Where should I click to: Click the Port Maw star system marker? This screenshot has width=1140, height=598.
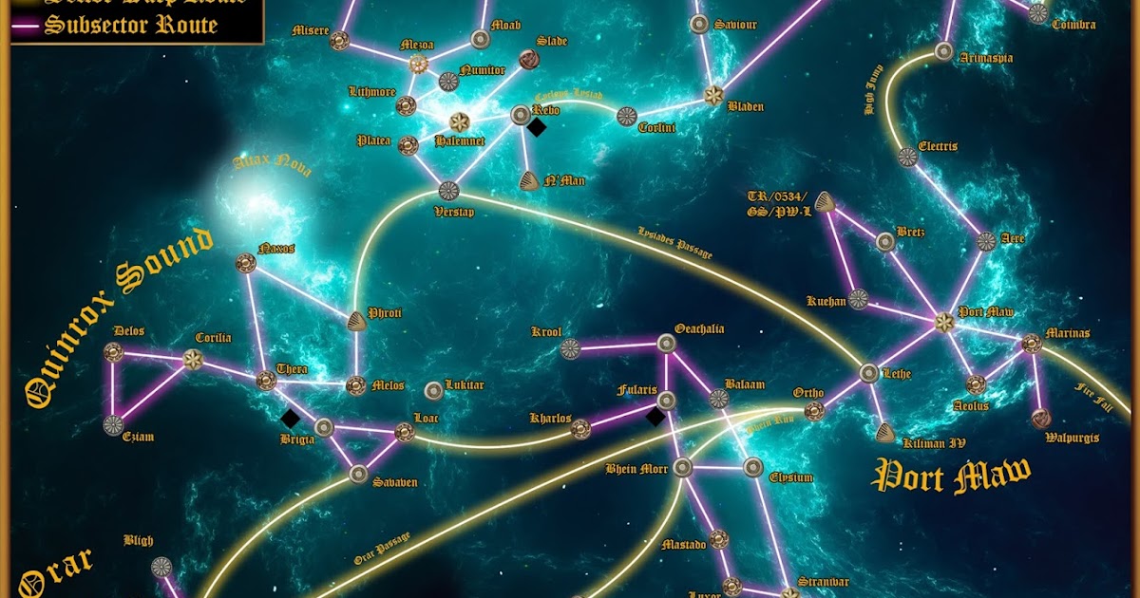[x=943, y=322]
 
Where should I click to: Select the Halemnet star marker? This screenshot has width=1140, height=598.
[x=460, y=121]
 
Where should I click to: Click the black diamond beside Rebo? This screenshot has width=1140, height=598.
[x=537, y=127]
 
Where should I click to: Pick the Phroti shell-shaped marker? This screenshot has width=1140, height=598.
[x=357, y=321]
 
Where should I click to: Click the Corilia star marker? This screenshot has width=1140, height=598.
[x=193, y=360]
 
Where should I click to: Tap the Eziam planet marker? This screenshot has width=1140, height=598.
[x=113, y=424]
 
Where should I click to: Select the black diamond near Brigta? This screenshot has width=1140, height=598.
[x=291, y=418]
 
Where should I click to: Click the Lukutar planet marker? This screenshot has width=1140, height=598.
[x=433, y=390]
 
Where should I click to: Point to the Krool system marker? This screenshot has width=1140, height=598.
[x=570, y=348]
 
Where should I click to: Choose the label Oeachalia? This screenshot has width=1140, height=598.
[x=699, y=329]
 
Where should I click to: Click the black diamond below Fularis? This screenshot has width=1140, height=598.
[x=655, y=416]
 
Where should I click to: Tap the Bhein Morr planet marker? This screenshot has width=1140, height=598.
[x=683, y=467]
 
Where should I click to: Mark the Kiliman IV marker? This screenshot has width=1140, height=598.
[x=885, y=434]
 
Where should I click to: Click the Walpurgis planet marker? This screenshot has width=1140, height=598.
[x=1041, y=418]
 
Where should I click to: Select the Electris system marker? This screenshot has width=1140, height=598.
[x=907, y=158]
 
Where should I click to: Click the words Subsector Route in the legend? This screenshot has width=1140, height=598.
[x=131, y=25]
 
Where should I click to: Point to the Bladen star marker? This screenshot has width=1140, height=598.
[x=713, y=95]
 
